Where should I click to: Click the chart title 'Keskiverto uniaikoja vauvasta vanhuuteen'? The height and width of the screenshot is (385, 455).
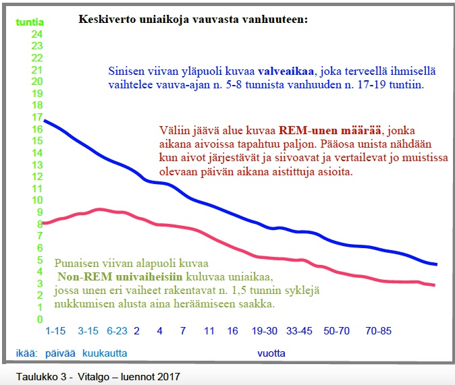[192, 20]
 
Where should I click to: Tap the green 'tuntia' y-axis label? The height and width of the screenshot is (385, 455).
[30, 22]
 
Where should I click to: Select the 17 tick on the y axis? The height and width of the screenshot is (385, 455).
[37, 117]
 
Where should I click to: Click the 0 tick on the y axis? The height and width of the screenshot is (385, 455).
[40, 320]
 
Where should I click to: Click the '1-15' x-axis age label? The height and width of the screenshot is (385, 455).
[55, 332]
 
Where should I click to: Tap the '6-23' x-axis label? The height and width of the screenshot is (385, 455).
[116, 332]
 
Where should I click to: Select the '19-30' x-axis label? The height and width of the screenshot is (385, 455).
[265, 332]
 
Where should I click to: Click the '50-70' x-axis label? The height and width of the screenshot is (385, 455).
[336, 332]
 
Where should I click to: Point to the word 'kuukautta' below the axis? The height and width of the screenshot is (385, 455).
[105, 353]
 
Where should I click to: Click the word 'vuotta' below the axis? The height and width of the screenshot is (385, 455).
[271, 353]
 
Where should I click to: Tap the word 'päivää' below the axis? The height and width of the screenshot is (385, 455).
[60, 353]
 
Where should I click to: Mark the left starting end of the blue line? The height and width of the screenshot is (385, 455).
[45, 121]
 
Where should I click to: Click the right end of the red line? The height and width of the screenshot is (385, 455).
[434, 285]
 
